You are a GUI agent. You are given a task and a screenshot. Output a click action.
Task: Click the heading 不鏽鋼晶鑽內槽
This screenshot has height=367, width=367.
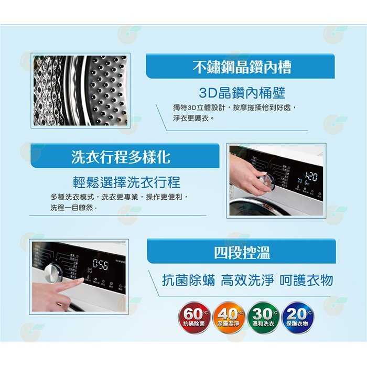pyautogui.click(x=242, y=67)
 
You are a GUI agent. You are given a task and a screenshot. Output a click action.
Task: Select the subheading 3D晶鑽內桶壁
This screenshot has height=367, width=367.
pyautogui.click(x=242, y=93)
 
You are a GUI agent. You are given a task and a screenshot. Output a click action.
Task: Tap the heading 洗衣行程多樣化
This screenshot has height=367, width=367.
pyautogui.click(x=121, y=156)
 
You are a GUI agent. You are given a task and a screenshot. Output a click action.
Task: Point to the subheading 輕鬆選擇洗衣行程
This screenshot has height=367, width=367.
pyautogui.click(x=126, y=182)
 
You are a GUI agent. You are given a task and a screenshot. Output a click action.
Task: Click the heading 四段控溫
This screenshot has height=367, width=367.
pyautogui.click(x=242, y=253)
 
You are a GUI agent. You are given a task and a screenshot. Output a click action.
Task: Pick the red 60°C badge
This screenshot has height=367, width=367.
pyautogui.click(x=195, y=317)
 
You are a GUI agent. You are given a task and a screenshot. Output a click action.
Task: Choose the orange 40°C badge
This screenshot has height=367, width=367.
pyautogui.click(x=229, y=317)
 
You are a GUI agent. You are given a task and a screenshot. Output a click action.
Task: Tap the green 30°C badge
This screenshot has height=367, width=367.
pyautogui.click(x=263, y=317)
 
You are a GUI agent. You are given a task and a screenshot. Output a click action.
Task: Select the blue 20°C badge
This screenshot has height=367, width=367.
pyautogui.click(x=298, y=317)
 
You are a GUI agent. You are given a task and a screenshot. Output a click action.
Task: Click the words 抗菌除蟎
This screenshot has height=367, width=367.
pyautogui.click(x=189, y=280)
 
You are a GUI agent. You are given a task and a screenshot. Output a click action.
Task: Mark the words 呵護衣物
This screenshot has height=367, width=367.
pyautogui.click(x=306, y=280)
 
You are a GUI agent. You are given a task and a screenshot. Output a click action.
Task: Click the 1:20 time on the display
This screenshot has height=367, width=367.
pyautogui.click(x=310, y=176)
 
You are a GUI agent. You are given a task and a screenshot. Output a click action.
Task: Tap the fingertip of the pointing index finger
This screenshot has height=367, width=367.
pyautogui.click(x=81, y=282)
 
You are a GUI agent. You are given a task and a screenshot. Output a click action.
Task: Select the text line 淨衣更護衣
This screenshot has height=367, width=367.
pyautogui.click(x=193, y=118)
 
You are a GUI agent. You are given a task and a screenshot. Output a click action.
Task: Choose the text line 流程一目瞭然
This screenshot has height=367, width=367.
pyautogui.click(x=74, y=208)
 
